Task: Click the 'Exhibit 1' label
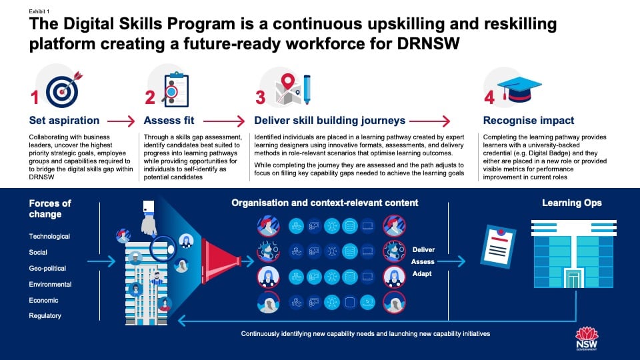[x=39, y=11]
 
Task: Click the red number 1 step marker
[x=35, y=97]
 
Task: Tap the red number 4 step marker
[x=489, y=97]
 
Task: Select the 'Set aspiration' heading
[x=64, y=121]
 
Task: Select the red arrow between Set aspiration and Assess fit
[x=121, y=121]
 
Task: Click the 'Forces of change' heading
[x=51, y=209]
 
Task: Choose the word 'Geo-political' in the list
[x=47, y=269]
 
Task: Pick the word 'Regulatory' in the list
[x=45, y=316]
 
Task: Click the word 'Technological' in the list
[x=49, y=237]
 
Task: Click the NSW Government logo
[x=587, y=340]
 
